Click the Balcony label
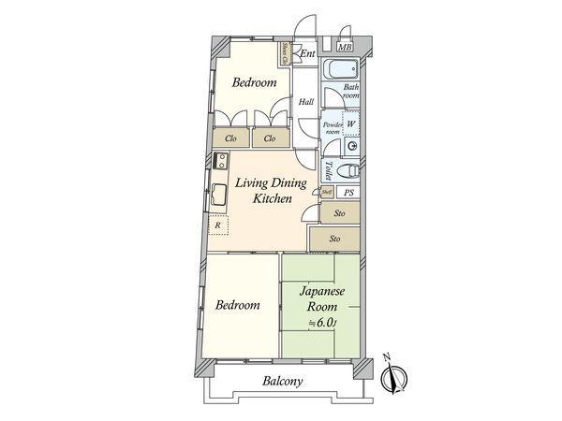(x=282, y=382)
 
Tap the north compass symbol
(x=392, y=376)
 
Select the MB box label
(x=345, y=49)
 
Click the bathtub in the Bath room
(x=339, y=70)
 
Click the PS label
(x=348, y=193)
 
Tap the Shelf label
(x=326, y=193)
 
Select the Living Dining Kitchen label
(x=264, y=192)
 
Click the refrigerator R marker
(x=217, y=225)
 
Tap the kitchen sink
(x=217, y=196)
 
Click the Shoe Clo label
(x=286, y=53)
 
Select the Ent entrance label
(x=306, y=53)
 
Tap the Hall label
(x=305, y=102)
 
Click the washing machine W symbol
(x=350, y=123)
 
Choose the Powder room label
(x=331, y=128)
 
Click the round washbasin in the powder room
(x=351, y=146)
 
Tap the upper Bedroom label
(x=254, y=83)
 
